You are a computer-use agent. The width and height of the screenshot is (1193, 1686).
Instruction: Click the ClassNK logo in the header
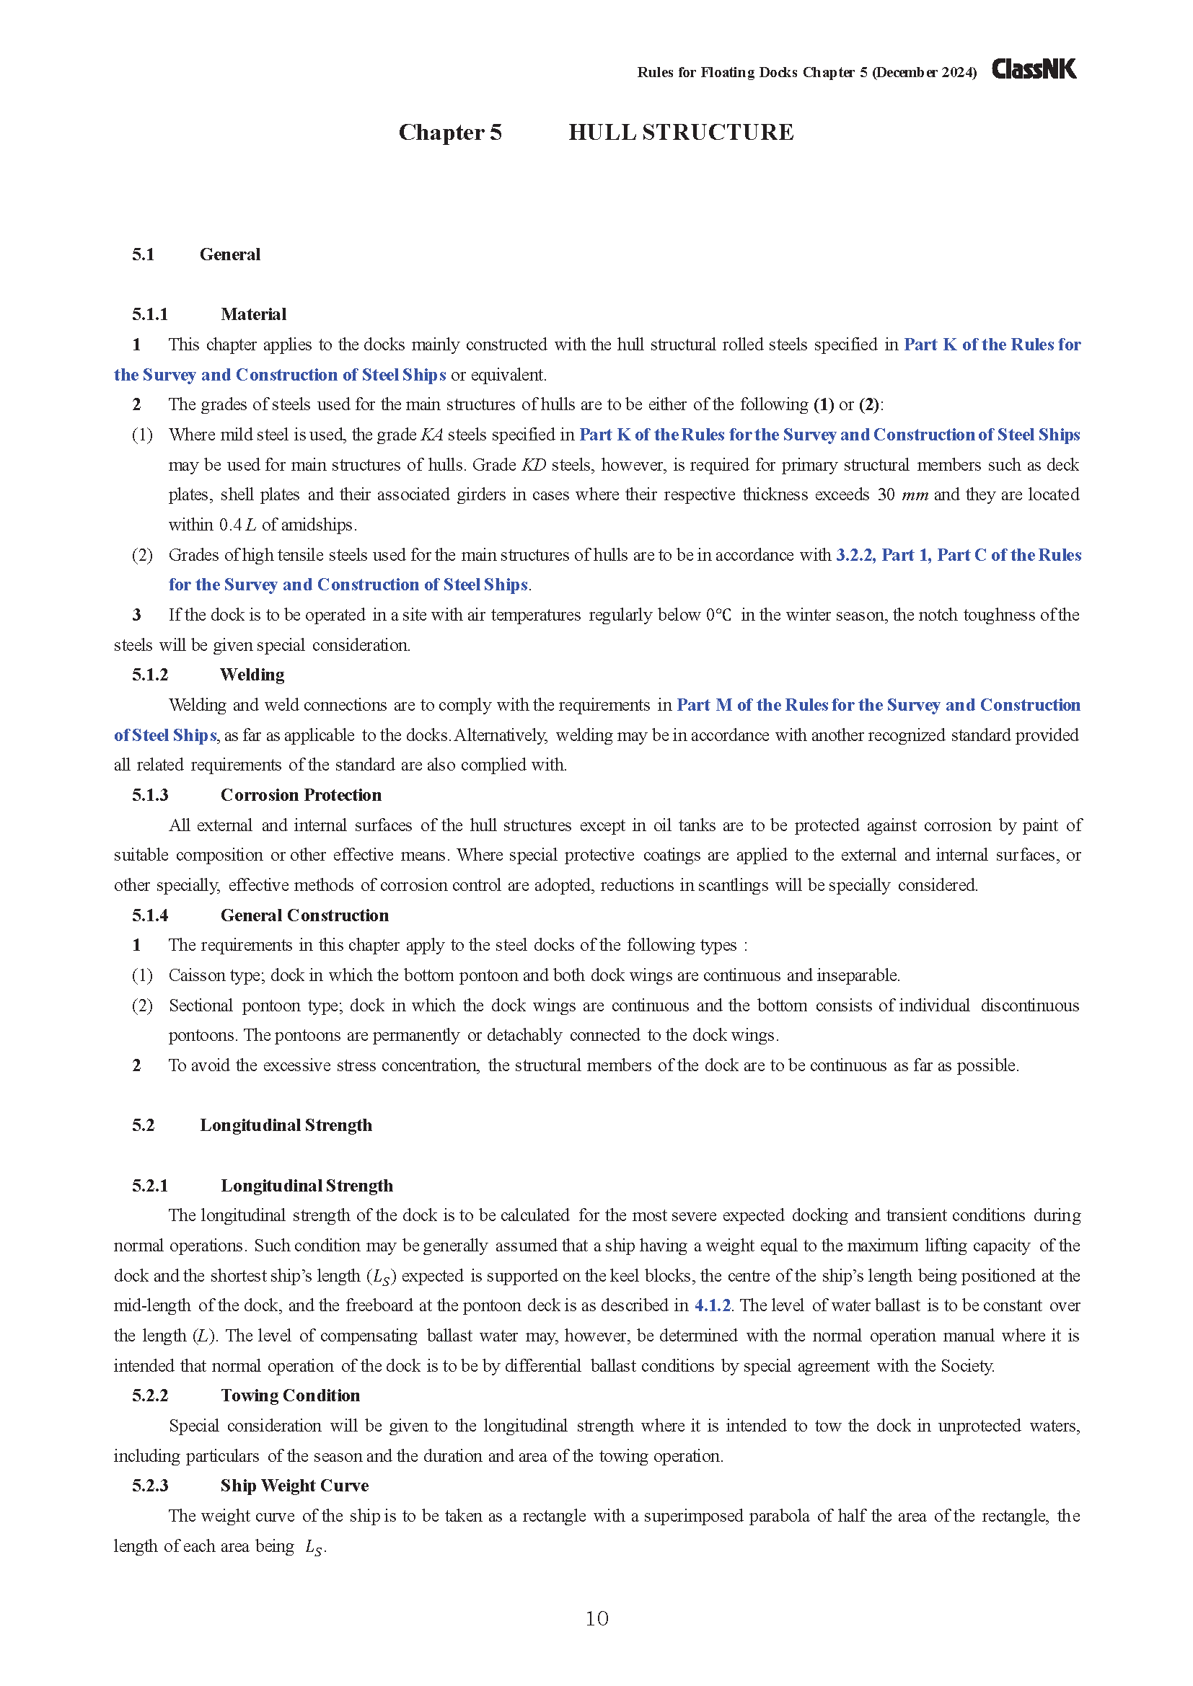coord(1034,69)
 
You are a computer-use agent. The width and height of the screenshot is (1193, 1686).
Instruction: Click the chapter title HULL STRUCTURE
coord(680,132)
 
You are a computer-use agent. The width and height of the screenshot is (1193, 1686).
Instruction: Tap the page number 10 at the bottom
coord(596,1618)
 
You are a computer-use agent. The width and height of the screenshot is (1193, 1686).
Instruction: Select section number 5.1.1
coord(150,314)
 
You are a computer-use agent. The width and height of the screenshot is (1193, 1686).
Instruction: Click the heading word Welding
coord(252,675)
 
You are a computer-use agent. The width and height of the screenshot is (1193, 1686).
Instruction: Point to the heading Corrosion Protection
coord(301,795)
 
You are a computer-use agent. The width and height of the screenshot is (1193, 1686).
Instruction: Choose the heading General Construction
coord(304,915)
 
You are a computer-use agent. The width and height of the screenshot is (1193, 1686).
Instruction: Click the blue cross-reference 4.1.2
coord(713,1305)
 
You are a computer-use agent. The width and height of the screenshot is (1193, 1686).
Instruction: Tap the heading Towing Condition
coord(290,1396)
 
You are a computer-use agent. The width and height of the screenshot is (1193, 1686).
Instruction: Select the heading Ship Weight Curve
coord(294,1486)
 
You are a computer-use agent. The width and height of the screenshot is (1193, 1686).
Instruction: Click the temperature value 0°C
coord(718,616)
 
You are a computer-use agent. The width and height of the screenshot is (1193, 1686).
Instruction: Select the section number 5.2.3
coord(150,1486)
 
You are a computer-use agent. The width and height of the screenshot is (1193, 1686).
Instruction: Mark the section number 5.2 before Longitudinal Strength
coord(144,1126)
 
